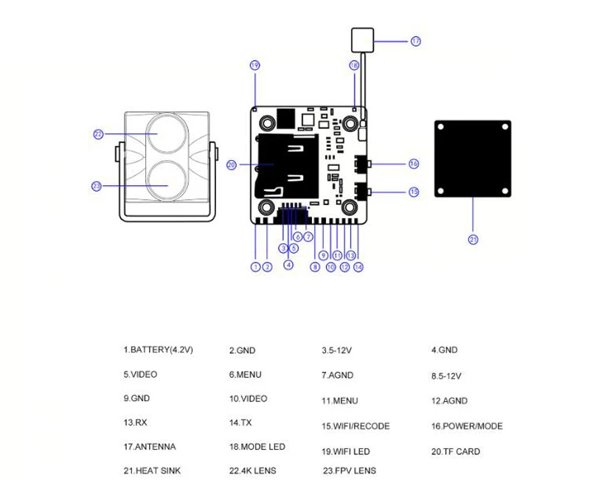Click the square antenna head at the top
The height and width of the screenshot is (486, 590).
pyautogui.click(x=362, y=40)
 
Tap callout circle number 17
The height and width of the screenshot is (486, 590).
pyautogui.click(x=415, y=41)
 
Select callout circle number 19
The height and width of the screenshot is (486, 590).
pyautogui.click(x=254, y=66)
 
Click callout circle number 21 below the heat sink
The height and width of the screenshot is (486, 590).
pyautogui.click(x=473, y=239)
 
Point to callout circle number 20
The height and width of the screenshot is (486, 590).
pyautogui.click(x=232, y=164)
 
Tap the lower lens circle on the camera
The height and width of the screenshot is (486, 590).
pyautogui.click(x=167, y=180)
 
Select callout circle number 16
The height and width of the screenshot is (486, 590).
pyautogui.click(x=414, y=164)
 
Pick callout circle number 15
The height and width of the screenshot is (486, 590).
pyautogui.click(x=414, y=192)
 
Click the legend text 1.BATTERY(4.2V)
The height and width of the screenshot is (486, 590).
pyautogui.click(x=158, y=350)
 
